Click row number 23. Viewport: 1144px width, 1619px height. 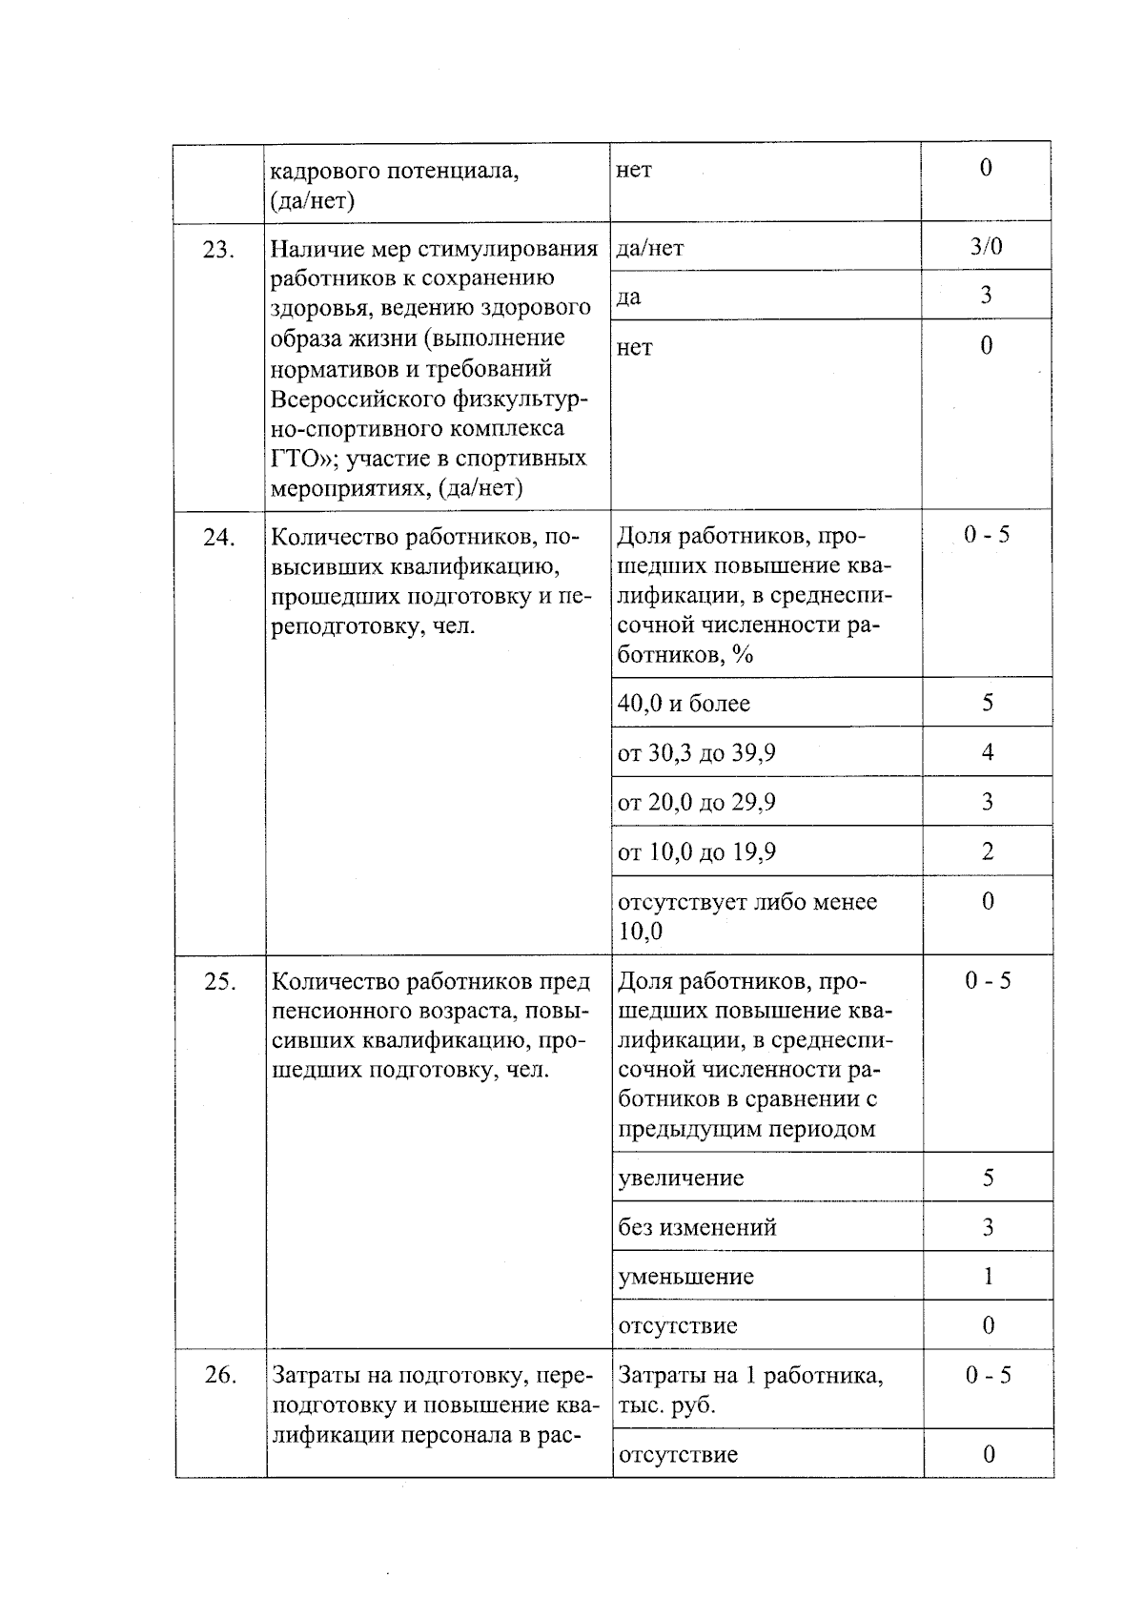point(218,250)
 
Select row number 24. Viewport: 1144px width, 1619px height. point(218,538)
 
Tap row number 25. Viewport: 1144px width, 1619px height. point(219,982)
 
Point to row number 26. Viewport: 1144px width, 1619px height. point(220,1375)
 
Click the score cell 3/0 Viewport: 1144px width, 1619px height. point(986,247)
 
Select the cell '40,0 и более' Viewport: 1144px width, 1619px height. point(684,704)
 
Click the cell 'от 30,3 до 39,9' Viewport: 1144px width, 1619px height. point(696,753)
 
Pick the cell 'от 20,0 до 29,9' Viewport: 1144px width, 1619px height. point(696,803)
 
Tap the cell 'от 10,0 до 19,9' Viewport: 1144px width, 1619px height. point(696,852)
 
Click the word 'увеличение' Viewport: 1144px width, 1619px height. point(681,1178)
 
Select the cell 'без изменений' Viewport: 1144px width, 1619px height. point(697,1228)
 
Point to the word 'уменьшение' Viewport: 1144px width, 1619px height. point(685,1277)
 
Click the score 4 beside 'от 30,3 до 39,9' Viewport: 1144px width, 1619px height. point(988,752)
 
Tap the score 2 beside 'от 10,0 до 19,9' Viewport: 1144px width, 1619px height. point(988,851)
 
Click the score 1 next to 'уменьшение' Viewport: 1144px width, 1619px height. point(988,1276)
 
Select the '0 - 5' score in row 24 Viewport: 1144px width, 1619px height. point(987,535)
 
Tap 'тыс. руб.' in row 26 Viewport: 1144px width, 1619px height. point(666,1405)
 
